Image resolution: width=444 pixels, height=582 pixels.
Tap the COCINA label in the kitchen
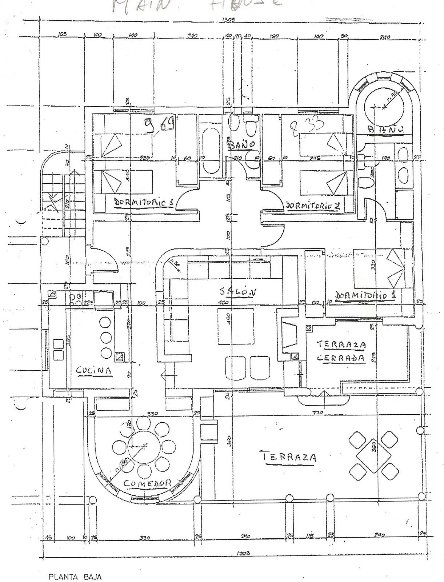93,370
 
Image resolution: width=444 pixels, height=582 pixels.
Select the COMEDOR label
147,483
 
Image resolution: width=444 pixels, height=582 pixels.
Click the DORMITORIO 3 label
143,202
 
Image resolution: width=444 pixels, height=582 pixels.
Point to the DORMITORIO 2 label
313,206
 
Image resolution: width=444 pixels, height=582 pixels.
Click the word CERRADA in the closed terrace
341,357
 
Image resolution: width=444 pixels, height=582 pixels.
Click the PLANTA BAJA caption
75,567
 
